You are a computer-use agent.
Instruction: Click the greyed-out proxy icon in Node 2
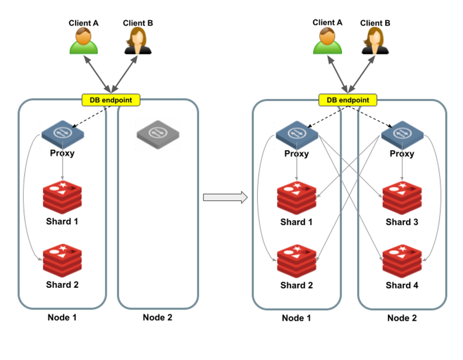[158, 134]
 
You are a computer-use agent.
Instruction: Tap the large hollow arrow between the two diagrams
[225, 197]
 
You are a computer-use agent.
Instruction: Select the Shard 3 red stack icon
[402, 198]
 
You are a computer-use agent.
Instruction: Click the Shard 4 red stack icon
[402, 261]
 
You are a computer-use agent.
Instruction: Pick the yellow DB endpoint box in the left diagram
[111, 100]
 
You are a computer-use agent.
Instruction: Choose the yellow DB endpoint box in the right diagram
[348, 100]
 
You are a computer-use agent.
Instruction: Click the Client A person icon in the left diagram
[83, 41]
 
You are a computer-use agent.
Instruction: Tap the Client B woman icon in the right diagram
[375, 41]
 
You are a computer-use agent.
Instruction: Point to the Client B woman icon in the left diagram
[138, 41]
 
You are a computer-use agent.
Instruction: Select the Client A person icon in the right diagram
[327, 41]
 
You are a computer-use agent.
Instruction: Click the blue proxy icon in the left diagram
[63, 134]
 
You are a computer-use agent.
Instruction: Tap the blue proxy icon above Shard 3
[402, 135]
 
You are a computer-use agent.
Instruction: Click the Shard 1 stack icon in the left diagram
[62, 197]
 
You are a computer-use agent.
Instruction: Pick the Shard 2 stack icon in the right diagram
[296, 261]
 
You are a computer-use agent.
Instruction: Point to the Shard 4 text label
[402, 285]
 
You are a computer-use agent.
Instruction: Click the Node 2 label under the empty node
[157, 318]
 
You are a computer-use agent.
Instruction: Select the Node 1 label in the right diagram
[296, 318]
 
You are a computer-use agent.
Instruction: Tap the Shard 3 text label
[402, 222]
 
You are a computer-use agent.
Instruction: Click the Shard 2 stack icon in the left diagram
[62, 260]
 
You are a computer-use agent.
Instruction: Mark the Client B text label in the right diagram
[375, 23]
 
